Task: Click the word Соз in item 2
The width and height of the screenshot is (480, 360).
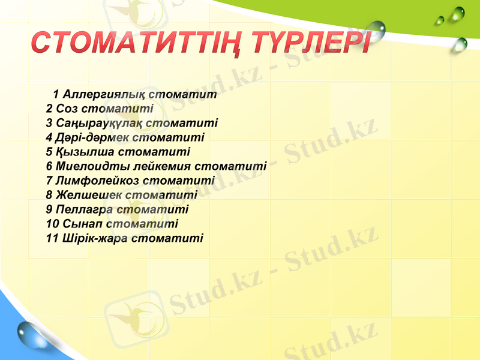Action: pyautogui.click(x=67, y=109)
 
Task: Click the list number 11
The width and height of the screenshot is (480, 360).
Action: pyautogui.click(x=52, y=238)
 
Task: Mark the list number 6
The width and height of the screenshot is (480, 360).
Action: pyautogui.click(x=49, y=166)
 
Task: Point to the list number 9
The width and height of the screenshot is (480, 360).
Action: pyautogui.click(x=49, y=209)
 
